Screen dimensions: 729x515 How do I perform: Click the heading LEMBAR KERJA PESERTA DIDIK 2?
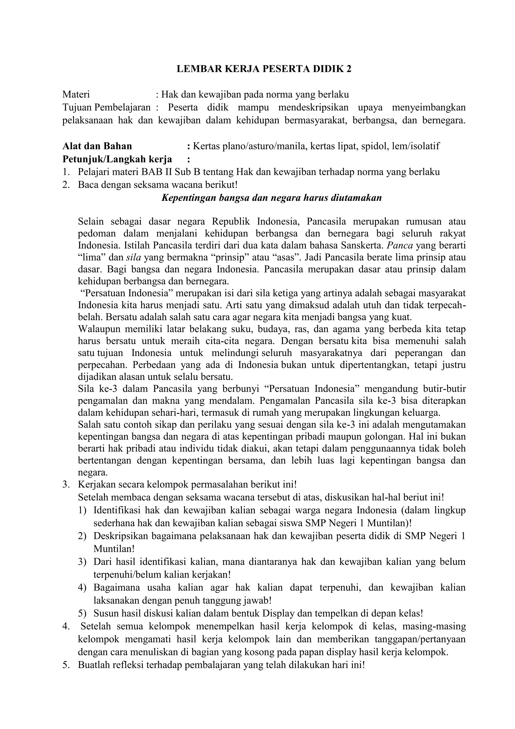(x=264, y=69)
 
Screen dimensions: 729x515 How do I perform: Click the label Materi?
(x=76, y=94)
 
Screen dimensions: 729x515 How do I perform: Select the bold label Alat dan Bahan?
(x=97, y=146)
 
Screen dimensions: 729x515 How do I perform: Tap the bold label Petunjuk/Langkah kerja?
(x=117, y=159)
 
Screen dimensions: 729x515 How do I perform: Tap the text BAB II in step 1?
(x=155, y=172)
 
